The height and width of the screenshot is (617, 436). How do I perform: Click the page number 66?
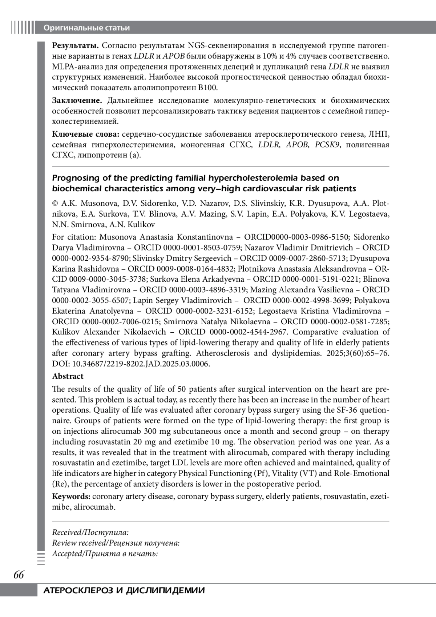[x=19, y=575]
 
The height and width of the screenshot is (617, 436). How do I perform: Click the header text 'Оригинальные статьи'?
[x=86, y=28]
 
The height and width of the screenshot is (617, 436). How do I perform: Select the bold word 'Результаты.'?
[x=76, y=46]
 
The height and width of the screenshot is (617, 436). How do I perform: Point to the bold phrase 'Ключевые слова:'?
[x=86, y=134]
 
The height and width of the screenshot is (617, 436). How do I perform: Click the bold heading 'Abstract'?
[x=68, y=376]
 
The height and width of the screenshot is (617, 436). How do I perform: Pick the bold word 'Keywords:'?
[x=71, y=496]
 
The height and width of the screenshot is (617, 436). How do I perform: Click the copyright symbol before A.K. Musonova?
[x=55, y=204]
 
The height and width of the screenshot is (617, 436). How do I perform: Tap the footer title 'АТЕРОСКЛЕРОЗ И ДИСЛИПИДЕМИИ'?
[x=124, y=590]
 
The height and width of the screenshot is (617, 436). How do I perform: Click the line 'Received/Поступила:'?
[x=90, y=532]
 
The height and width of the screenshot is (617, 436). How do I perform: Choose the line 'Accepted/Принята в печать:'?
[x=105, y=553]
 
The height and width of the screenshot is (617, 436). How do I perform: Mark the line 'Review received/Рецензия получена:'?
[x=116, y=543]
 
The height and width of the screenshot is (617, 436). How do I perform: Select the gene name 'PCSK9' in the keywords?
[x=327, y=145]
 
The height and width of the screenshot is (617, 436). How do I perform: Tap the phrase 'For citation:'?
[x=74, y=237]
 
